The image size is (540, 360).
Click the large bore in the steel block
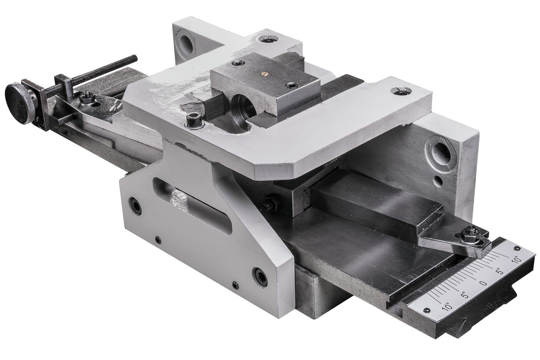point(244,108)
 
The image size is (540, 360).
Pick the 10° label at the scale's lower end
point(447,307)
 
